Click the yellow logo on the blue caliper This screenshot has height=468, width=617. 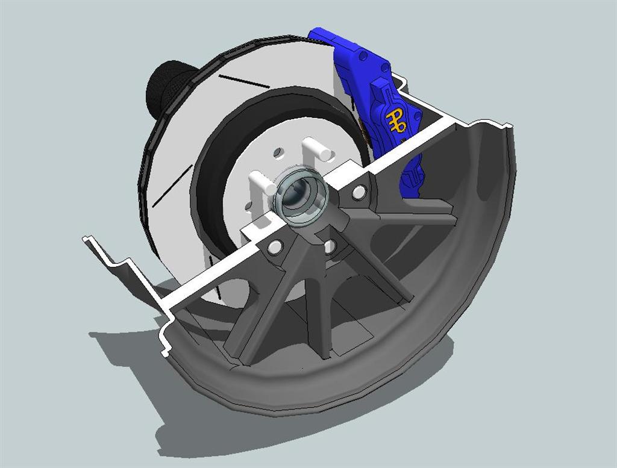pos(395,120)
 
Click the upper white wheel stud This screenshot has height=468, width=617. pos(318,149)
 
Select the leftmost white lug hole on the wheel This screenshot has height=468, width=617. pos(275,247)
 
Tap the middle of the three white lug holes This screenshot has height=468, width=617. pos(329,246)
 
